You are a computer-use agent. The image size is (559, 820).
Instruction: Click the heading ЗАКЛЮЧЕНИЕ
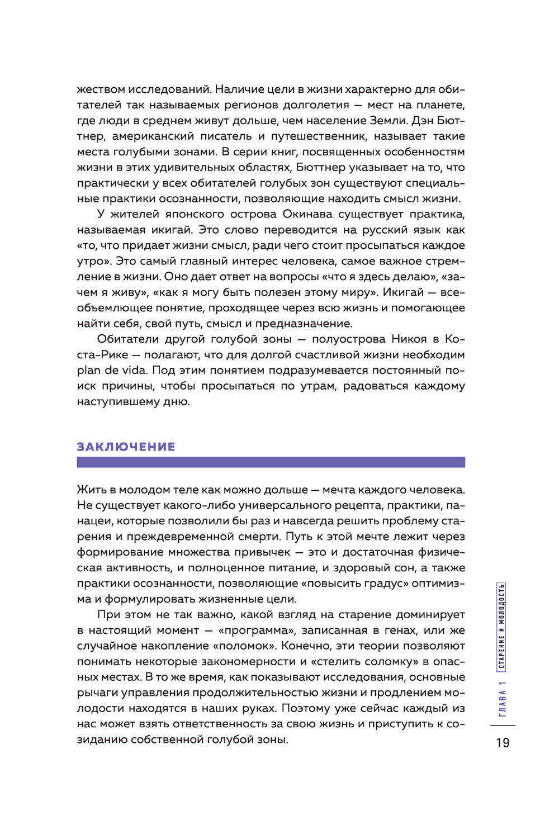click(126, 447)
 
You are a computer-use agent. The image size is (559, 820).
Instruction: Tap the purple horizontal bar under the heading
click(271, 462)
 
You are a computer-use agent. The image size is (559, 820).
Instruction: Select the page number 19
click(503, 742)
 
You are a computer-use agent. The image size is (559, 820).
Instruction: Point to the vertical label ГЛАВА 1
click(503, 699)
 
